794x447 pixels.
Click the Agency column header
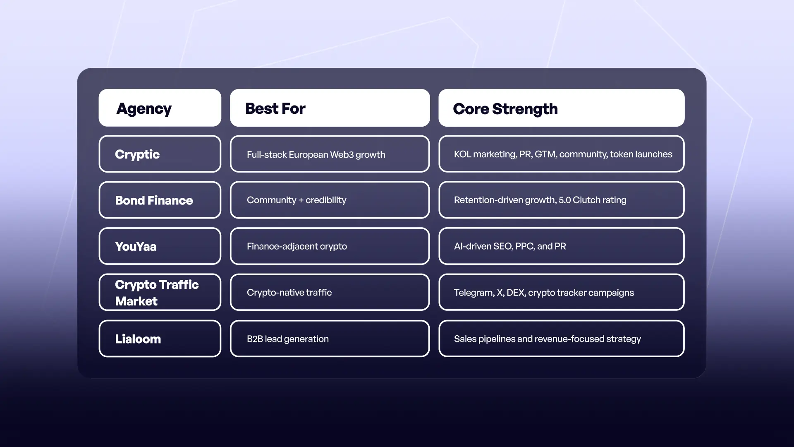[160, 108]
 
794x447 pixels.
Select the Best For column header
[330, 108]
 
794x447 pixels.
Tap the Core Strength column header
[561, 108]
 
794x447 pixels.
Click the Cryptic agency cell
[160, 154]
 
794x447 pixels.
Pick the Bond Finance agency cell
[160, 200]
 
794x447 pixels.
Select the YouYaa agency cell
[160, 246]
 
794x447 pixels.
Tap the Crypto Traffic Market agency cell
[160, 292]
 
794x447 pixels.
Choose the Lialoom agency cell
[160, 339]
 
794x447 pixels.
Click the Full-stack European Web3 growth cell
[330, 154]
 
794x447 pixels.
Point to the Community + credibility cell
[330, 200]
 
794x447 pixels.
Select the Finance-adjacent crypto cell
[330, 246]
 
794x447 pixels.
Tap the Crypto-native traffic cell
[330, 292]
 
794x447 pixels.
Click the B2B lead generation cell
[330, 339]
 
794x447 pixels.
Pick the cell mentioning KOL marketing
[561, 154]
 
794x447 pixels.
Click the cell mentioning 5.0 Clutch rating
[561, 200]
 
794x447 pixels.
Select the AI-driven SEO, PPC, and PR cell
[561, 246]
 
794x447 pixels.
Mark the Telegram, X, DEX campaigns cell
[561, 292]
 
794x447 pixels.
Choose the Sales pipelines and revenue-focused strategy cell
[561, 339]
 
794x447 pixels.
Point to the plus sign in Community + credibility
[301, 200]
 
